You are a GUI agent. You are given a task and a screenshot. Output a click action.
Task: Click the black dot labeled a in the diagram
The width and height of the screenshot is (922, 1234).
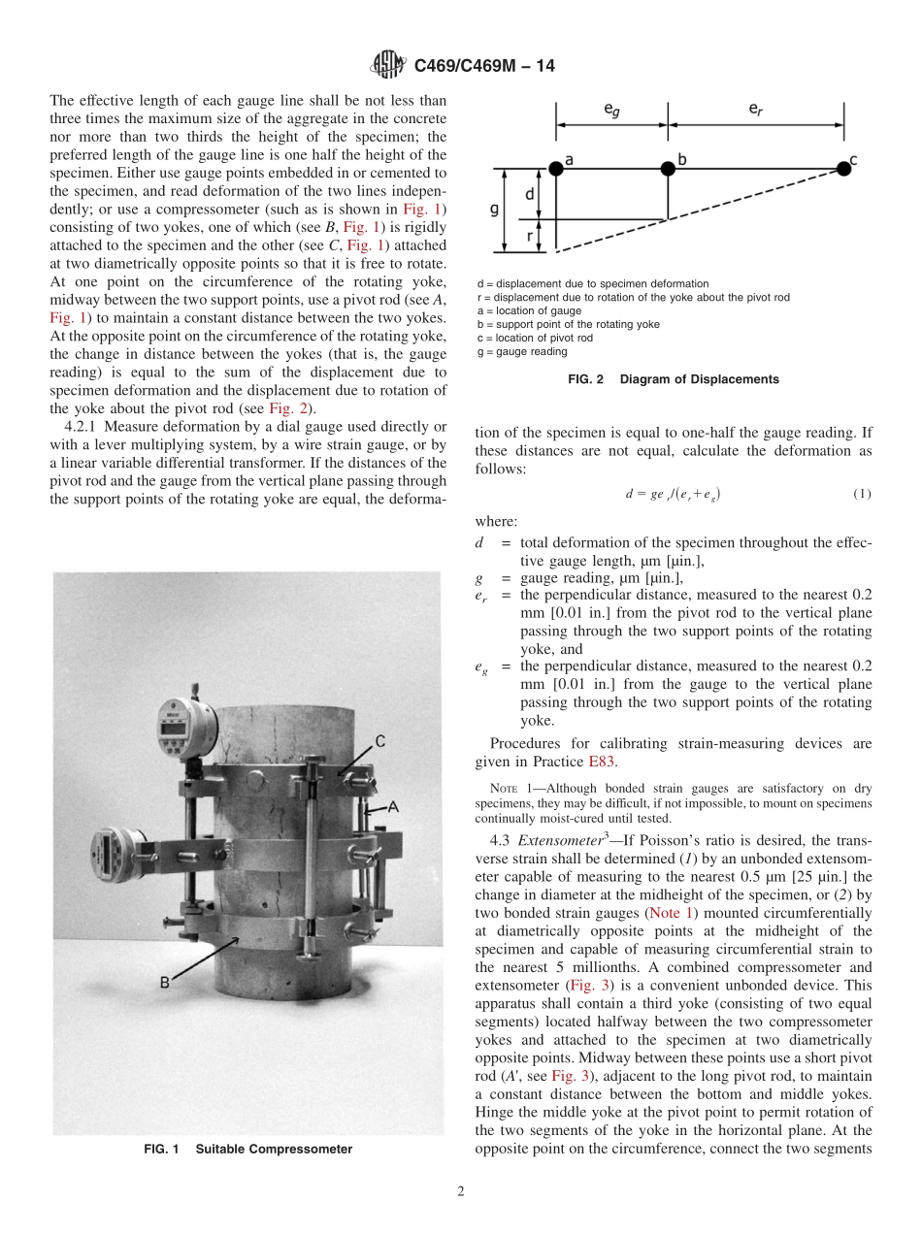[556, 169]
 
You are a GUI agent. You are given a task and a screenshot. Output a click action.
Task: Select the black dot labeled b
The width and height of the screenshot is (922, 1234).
[668, 169]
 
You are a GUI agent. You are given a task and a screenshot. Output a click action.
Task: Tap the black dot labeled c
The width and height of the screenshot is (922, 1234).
[843, 168]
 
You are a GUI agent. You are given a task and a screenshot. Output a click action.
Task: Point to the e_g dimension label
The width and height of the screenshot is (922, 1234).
[611, 112]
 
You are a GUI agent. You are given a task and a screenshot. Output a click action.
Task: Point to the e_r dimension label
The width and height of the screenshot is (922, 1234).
[755, 112]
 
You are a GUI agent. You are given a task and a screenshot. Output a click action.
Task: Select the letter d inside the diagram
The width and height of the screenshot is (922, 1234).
[529, 195]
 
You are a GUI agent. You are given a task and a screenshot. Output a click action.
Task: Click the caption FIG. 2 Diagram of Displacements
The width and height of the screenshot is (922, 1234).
[673, 379]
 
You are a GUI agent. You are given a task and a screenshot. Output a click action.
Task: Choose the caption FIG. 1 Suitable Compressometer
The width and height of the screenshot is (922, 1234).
[247, 1150]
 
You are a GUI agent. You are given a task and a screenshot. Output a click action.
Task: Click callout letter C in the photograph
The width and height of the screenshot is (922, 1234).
[380, 742]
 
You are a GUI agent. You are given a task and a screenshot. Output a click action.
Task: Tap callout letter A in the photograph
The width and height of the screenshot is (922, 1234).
[393, 805]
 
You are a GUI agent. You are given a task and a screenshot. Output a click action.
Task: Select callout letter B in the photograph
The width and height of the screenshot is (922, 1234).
[165, 982]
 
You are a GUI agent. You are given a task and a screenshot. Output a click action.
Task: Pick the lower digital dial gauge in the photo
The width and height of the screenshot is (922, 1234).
[115, 858]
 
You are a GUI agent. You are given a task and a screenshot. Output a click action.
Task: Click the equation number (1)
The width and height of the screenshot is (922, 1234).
[862, 494]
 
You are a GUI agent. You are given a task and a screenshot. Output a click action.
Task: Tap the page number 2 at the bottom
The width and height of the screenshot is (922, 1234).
[461, 1192]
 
